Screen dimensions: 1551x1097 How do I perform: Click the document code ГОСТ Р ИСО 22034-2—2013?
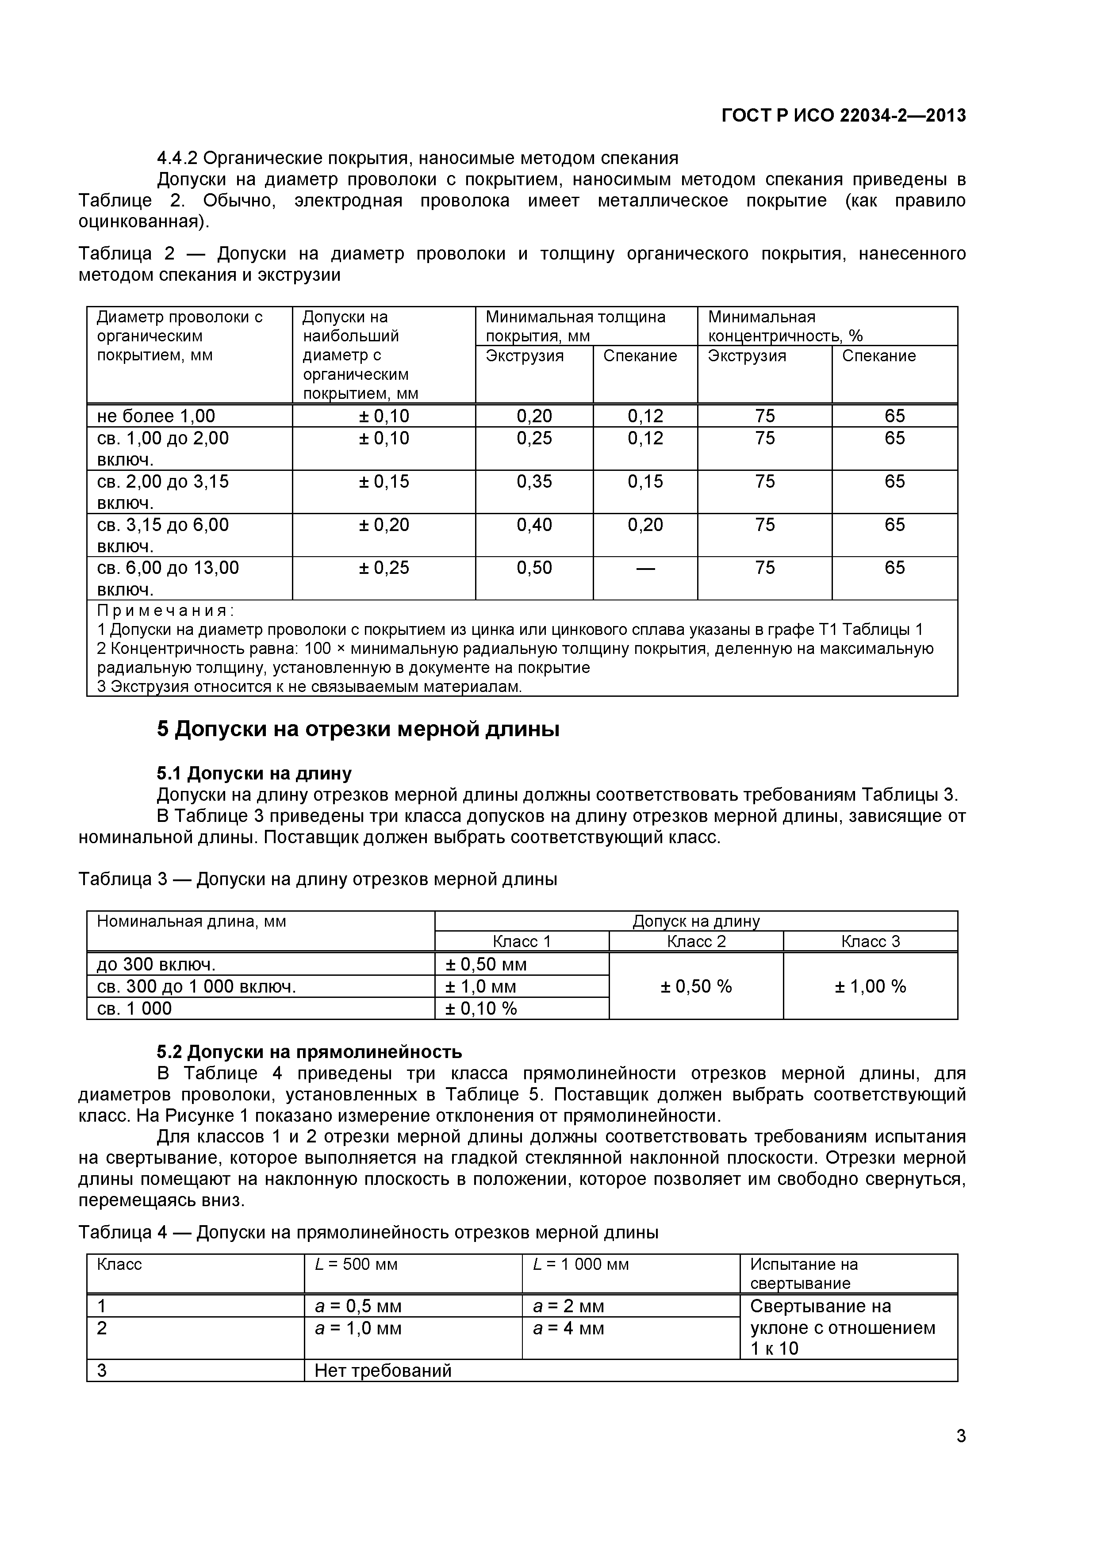pyautogui.click(x=844, y=115)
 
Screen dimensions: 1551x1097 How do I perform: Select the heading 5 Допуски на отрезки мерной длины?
pyautogui.click(x=358, y=730)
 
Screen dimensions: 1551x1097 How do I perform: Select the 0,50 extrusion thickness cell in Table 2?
pyautogui.click(x=534, y=567)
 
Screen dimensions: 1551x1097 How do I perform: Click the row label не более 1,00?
pyautogui.click(x=156, y=416)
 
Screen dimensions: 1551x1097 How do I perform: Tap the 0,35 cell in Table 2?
pyautogui.click(x=534, y=481)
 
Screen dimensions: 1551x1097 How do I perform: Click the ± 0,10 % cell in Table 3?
pyautogui.click(x=480, y=1009)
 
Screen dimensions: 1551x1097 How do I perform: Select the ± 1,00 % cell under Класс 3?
pyautogui.click(x=870, y=986)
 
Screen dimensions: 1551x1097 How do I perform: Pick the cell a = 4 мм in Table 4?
pyautogui.click(x=568, y=1328)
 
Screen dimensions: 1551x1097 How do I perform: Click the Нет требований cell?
pyautogui.click(x=383, y=1371)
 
